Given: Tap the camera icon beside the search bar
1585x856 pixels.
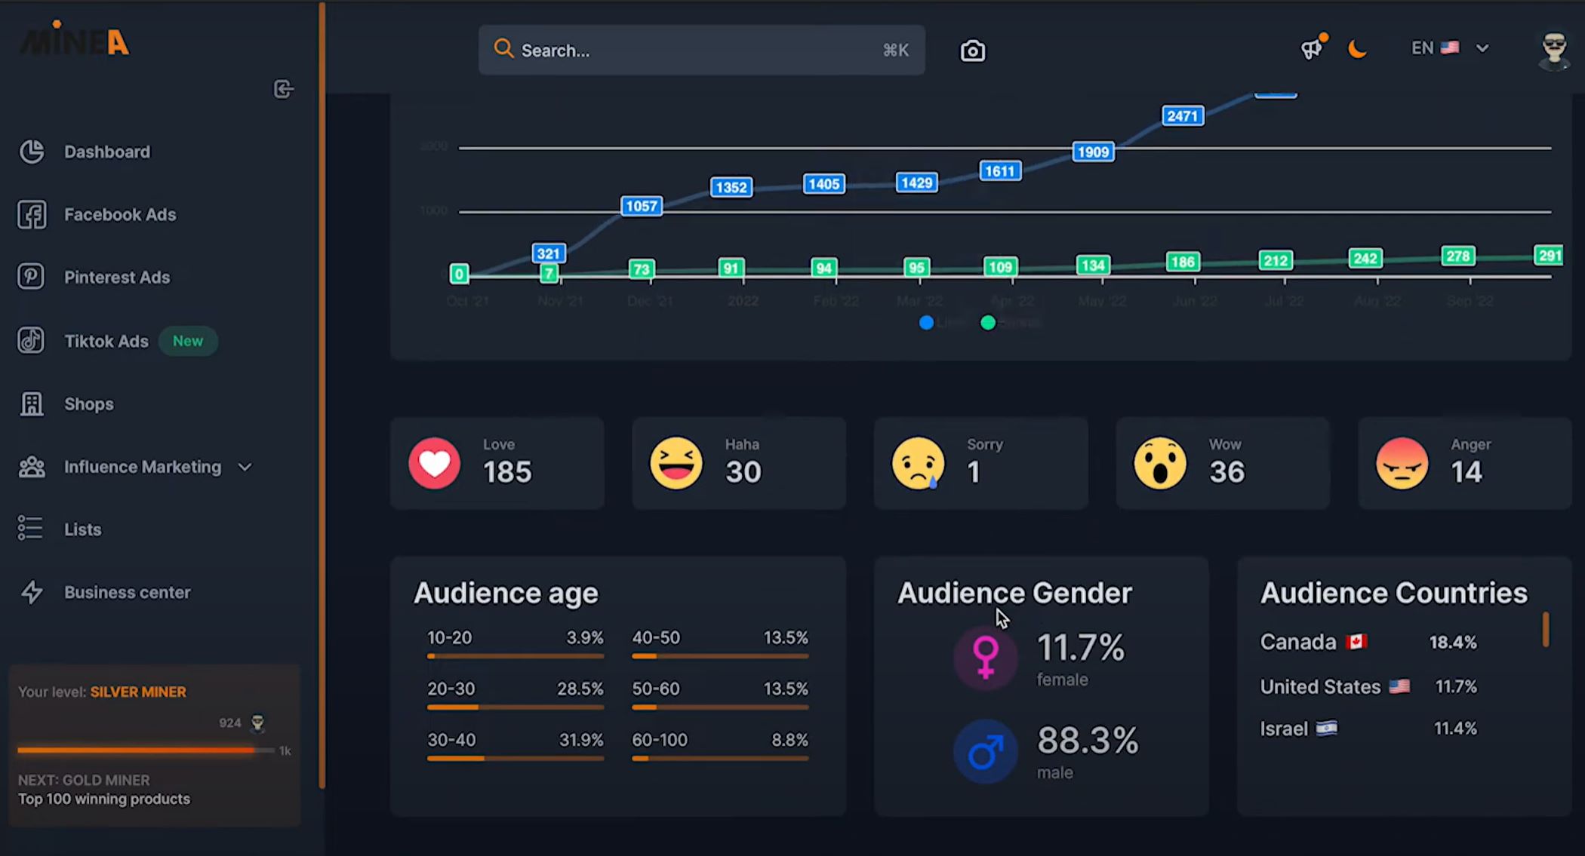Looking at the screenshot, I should (x=972, y=51).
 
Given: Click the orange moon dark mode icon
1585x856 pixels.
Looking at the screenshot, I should (x=1357, y=49).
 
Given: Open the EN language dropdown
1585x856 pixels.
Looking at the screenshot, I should (x=1449, y=48).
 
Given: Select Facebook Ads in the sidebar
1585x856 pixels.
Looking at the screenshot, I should (x=119, y=215).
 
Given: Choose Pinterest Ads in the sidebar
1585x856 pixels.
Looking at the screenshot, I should (x=116, y=278).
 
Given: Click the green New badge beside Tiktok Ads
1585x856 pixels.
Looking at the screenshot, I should (x=187, y=341).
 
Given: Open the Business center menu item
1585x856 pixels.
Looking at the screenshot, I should (x=127, y=593).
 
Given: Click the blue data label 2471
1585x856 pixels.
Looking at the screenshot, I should (x=1182, y=116).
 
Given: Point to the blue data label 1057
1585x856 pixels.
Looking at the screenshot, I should (x=641, y=207).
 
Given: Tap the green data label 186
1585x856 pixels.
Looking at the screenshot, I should (x=1182, y=262).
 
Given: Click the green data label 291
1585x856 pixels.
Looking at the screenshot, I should (x=1549, y=256).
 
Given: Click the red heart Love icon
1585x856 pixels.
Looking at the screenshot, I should (x=435, y=463).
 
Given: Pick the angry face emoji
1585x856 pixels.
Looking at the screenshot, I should (x=1402, y=463).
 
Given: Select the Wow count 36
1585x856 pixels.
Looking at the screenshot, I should (x=1226, y=472).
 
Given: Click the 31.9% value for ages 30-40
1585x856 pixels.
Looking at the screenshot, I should (x=580, y=740).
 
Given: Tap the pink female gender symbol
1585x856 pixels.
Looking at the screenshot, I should (x=985, y=657).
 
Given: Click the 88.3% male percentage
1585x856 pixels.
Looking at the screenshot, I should (x=1087, y=741).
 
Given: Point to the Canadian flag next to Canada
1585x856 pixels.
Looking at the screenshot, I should (x=1356, y=642).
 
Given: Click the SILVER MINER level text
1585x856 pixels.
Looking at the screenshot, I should (x=138, y=692).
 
